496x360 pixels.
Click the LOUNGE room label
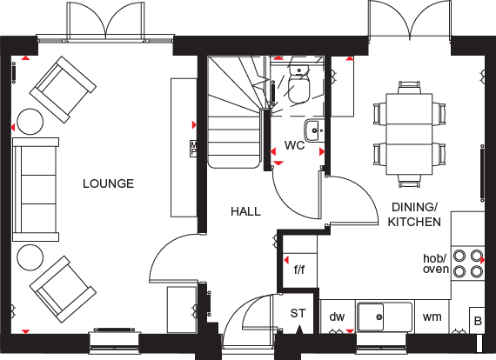108,183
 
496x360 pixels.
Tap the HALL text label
245,211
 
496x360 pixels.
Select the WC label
294,145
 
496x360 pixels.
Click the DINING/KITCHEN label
414,213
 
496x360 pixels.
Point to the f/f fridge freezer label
299,270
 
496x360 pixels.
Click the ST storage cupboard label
298,313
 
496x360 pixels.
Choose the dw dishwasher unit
337,317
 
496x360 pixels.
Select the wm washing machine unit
432,317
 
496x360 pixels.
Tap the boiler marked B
476,321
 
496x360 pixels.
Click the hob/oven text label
435,263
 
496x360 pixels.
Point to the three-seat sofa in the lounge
35,188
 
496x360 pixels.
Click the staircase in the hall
237,113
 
